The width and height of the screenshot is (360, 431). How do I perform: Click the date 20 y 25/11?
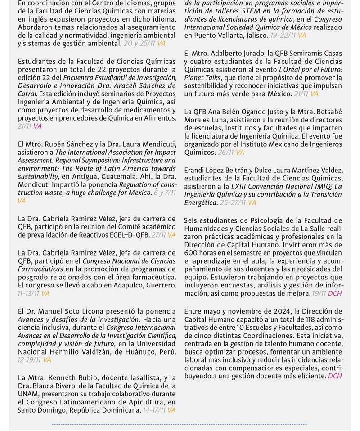point(139,44)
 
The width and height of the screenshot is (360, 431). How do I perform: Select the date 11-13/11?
point(28,293)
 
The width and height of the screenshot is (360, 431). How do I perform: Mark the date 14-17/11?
point(154,410)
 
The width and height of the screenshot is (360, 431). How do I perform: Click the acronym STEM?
point(251,11)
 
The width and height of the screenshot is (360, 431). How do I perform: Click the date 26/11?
point(225,153)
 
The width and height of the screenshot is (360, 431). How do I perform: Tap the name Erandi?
point(194,170)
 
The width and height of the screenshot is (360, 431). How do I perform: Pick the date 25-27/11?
point(233,202)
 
